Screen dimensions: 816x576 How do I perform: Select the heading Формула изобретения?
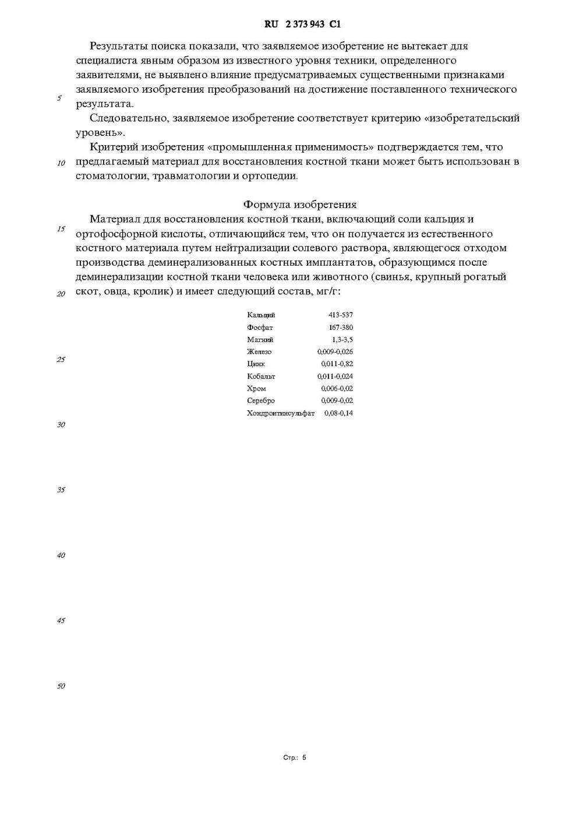click(299, 205)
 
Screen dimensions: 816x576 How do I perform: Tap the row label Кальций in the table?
click(261, 315)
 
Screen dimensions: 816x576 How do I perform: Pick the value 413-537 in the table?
click(341, 315)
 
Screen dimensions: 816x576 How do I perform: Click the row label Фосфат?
click(260, 328)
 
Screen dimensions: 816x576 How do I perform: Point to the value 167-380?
click(341, 328)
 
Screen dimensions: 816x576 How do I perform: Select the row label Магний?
click(260, 340)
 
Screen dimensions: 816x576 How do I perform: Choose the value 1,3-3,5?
click(342, 340)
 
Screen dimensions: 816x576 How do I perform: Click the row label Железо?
click(259, 352)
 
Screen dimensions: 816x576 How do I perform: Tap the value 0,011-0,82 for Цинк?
click(337, 364)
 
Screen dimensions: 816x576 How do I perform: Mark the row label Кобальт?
click(261, 377)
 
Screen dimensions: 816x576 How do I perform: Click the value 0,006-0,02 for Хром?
click(337, 389)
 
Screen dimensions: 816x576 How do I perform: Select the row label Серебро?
click(261, 401)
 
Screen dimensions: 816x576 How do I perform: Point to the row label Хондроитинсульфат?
click(281, 413)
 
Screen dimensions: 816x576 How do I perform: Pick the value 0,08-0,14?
click(339, 413)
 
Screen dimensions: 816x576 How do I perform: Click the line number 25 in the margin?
click(61, 360)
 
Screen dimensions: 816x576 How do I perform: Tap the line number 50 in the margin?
click(61, 686)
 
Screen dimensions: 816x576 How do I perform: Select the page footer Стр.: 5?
click(294, 758)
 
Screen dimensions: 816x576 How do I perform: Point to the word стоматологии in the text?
click(112, 176)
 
